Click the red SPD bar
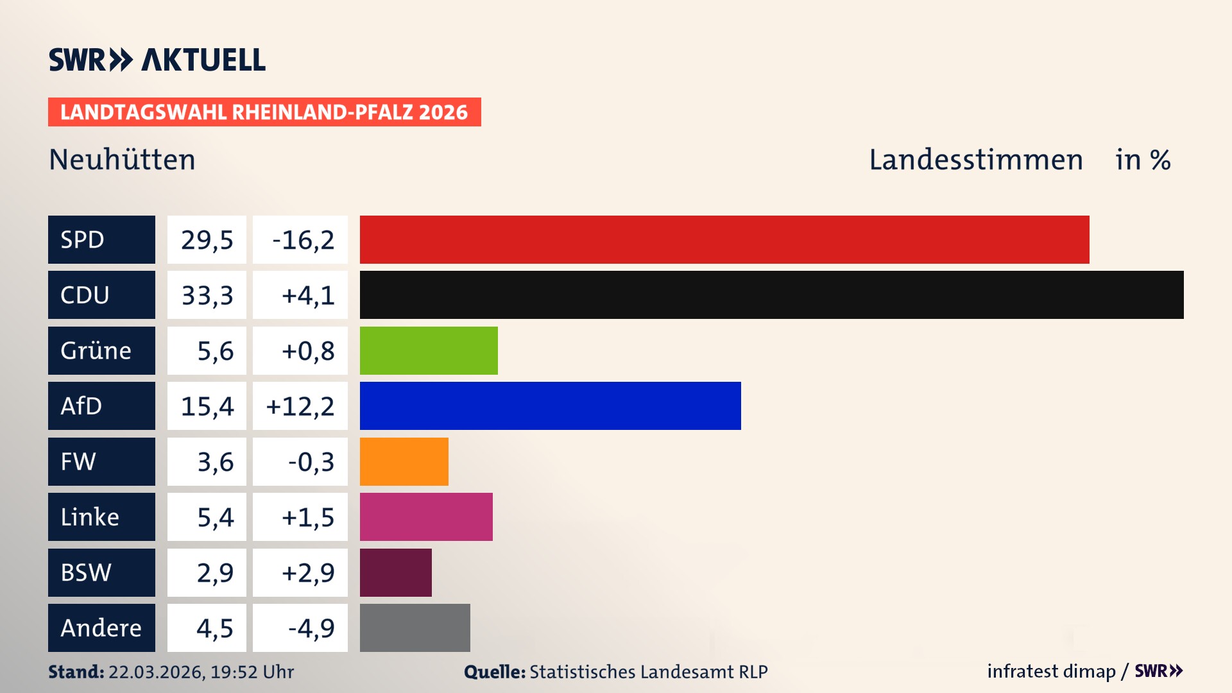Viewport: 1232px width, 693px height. [x=724, y=239]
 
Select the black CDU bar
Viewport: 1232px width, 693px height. [x=771, y=295]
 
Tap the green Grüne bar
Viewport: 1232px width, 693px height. [x=429, y=350]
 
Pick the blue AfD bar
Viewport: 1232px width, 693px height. [x=550, y=406]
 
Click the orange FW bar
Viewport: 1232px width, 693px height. [x=404, y=461]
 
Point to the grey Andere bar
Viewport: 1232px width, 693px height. [x=415, y=628]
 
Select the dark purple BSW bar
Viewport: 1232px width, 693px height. [x=395, y=572]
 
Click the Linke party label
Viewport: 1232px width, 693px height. [x=90, y=517]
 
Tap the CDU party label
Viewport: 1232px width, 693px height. [x=85, y=295]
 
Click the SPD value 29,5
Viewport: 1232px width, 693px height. [x=207, y=240]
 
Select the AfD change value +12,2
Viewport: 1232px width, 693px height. [x=300, y=406]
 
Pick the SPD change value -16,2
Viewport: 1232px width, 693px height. [x=303, y=240]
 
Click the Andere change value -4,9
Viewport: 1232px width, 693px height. [x=311, y=628]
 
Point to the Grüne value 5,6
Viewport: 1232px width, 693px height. [x=215, y=351]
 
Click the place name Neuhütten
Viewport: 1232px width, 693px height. [x=122, y=159]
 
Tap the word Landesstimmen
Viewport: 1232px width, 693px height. [x=975, y=160]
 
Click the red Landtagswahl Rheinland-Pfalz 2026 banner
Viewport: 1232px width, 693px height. [x=264, y=112]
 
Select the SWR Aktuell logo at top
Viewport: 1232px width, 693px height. [x=157, y=60]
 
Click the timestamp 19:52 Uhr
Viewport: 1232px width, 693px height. [x=252, y=672]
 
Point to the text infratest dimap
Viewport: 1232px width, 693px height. [x=1050, y=671]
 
